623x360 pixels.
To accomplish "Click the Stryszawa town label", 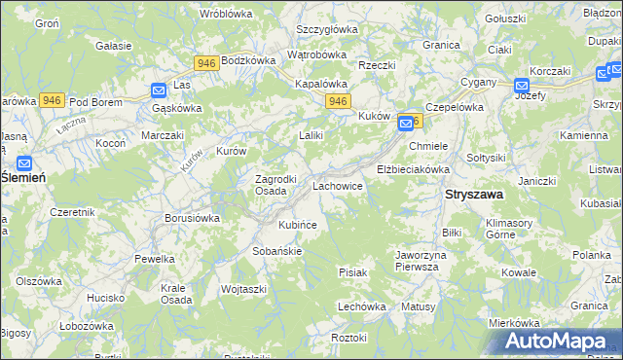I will (x=474, y=195).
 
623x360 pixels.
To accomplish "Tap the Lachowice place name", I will (x=338, y=185).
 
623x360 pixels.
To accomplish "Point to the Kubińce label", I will (x=298, y=225).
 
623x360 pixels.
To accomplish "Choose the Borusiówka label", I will (x=193, y=219).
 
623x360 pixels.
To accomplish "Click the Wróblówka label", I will (x=226, y=14).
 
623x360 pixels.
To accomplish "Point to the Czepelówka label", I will (x=455, y=107).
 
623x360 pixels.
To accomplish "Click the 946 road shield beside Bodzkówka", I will (x=205, y=63).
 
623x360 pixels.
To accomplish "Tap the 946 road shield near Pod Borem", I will (x=53, y=100).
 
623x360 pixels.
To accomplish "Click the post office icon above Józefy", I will (x=522, y=85).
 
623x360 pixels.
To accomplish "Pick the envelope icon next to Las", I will (x=160, y=90).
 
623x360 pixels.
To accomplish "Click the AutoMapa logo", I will (x=560, y=341).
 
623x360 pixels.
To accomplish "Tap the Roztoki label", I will (x=348, y=338).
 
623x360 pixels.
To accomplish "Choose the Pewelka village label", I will (x=155, y=259).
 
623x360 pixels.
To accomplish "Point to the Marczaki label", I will (x=163, y=136).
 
